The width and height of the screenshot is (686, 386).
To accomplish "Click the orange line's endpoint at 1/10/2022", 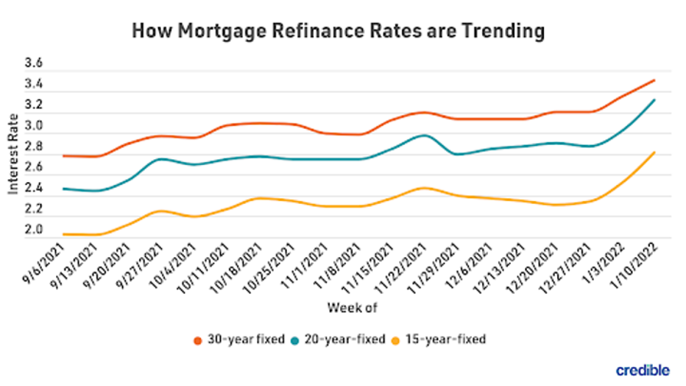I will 654,80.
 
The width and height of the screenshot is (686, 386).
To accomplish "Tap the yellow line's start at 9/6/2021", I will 65,234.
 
